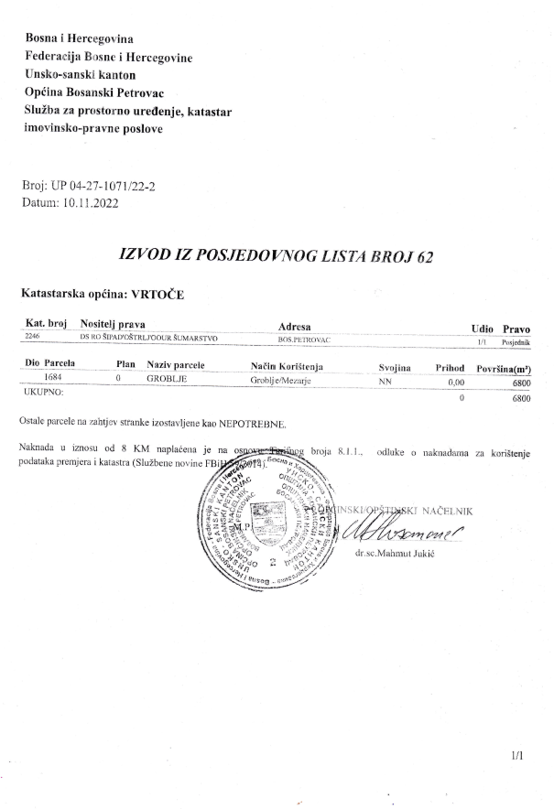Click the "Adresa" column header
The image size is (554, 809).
[294, 328]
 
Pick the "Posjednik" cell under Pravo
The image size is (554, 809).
[516, 340]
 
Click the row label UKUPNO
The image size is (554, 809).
[42, 391]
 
